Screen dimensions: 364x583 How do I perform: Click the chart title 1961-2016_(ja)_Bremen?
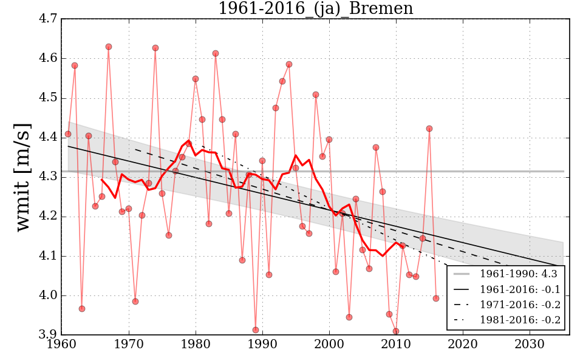pos(315,9)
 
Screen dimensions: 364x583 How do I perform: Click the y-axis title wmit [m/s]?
pos(22,177)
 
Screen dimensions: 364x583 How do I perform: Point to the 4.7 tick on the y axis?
pos(49,19)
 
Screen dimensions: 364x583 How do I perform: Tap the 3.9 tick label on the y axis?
pos(49,335)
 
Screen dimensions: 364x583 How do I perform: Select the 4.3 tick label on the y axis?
pos(49,177)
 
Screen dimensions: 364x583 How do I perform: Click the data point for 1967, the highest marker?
pos(109,47)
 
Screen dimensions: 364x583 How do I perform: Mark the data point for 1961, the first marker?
pos(68,134)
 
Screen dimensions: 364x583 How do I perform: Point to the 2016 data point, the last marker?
pos(436,298)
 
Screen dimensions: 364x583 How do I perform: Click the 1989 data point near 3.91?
pos(256,330)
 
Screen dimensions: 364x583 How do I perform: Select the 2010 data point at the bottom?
pos(396,331)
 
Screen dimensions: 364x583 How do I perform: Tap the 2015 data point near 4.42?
pos(429,129)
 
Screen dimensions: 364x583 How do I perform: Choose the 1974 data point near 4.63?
pos(155,48)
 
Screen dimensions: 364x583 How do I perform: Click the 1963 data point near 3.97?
pos(82,309)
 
